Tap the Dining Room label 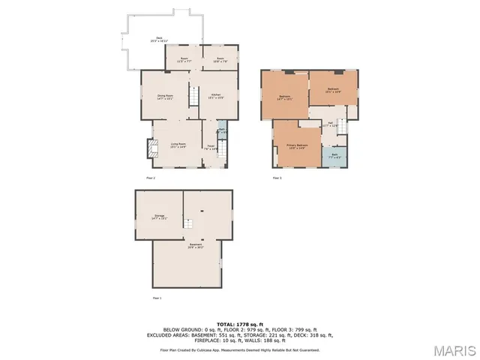[163, 96]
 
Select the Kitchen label [215, 95]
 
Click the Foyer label [211, 147]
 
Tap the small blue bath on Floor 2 [222, 131]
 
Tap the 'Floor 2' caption [150, 178]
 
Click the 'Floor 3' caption [277, 178]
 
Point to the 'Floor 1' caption [157, 298]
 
